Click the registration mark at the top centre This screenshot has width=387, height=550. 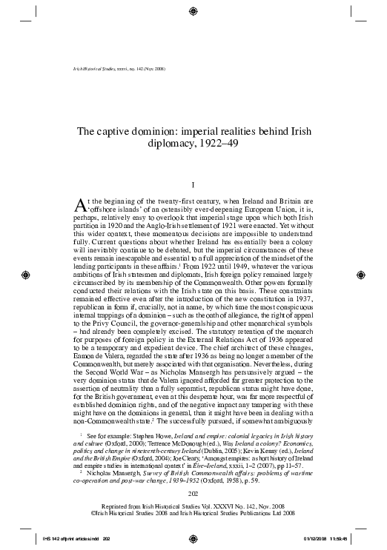193,11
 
